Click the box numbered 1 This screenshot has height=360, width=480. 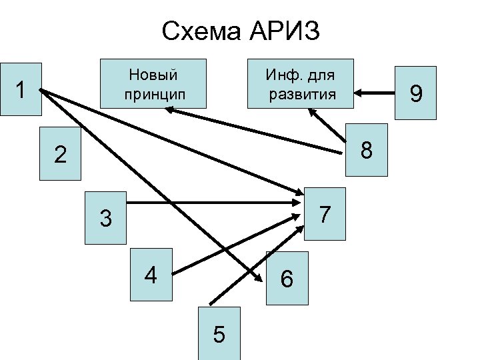pyautogui.click(x=21, y=89)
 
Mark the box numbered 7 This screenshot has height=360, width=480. pyautogui.click(x=325, y=215)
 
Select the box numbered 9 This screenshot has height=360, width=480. pyautogui.click(x=415, y=93)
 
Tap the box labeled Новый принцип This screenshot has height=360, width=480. pyautogui.click(x=153, y=83)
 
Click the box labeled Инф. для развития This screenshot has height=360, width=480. pyautogui.click(x=301, y=83)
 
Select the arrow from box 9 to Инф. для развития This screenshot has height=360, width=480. pyautogui.click(x=377, y=92)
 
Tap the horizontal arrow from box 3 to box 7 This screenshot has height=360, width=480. pyautogui.click(x=213, y=202)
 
